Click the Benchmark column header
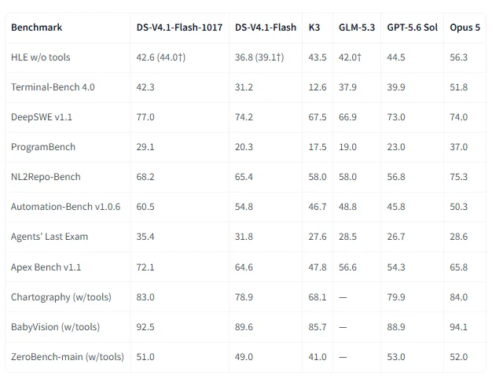point(37,28)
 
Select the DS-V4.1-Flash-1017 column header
point(179,28)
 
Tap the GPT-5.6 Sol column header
point(413,28)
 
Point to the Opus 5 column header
point(464,28)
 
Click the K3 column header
point(314,28)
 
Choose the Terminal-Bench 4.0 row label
point(53,87)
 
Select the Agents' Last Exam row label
point(50,237)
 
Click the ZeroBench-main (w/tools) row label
point(68,357)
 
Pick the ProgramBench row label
point(43,147)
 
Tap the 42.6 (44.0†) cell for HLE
point(161,57)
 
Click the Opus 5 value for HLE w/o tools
point(458,57)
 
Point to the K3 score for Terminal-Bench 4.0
point(318,87)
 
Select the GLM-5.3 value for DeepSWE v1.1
point(347,117)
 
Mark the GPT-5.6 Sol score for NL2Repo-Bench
point(396,177)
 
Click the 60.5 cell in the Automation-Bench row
point(145,207)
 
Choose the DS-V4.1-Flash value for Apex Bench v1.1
point(244,267)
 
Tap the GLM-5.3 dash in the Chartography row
point(343,297)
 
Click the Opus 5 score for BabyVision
point(458,327)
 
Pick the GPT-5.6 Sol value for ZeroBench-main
point(396,357)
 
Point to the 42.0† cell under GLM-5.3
point(350,57)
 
